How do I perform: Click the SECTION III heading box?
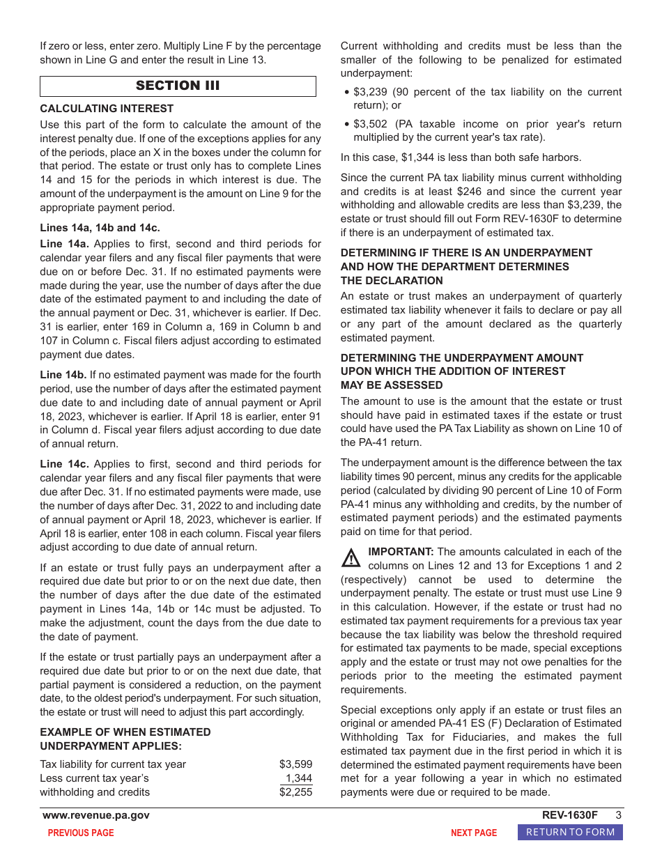(178, 86)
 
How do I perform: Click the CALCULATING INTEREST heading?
(107, 109)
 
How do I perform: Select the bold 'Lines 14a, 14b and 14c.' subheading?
(100, 227)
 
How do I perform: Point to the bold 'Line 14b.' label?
(63, 375)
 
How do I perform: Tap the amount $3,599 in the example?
(295, 764)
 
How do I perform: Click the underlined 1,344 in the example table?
(299, 778)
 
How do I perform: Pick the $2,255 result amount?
(295, 792)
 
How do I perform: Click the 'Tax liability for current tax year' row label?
(113, 764)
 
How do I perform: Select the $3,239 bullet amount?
(371, 92)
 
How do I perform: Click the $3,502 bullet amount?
(371, 124)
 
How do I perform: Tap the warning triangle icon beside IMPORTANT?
(351, 558)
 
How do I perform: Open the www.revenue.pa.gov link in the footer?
(96, 815)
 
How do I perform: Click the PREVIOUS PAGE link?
(81, 833)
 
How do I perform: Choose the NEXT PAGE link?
(474, 833)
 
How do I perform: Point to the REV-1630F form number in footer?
(569, 815)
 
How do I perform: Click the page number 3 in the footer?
(618, 815)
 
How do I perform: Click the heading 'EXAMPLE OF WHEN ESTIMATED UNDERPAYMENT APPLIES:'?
(125, 739)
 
